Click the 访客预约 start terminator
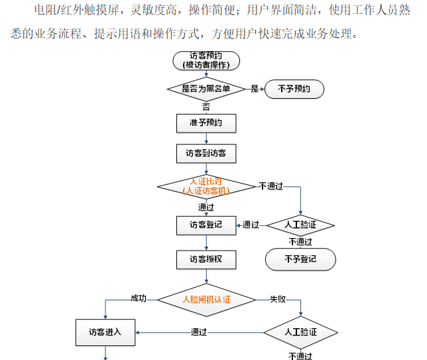tap(206, 60)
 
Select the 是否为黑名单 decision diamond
tap(206, 88)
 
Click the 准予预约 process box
tap(206, 123)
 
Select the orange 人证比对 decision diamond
tap(206, 186)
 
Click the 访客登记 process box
tap(206, 225)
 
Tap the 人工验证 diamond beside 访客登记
tap(300, 225)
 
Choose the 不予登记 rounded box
tap(300, 259)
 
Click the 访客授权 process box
tap(206, 259)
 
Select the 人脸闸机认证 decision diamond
tap(206, 299)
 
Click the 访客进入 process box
tap(105, 331)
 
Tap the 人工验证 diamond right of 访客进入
tap(300, 331)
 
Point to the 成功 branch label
tap(139, 299)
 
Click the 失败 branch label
tap(277, 299)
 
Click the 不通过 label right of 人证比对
tap(271, 186)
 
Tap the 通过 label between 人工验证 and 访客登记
tap(251, 225)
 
